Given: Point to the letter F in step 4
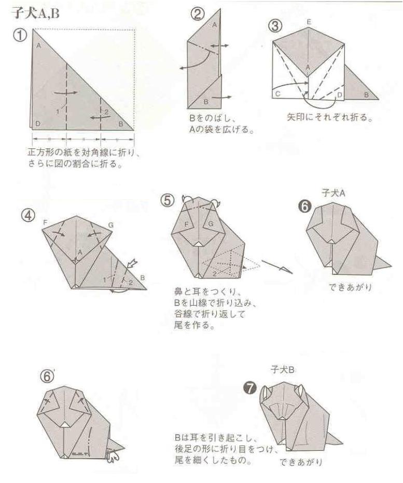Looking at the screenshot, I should [x=46, y=222].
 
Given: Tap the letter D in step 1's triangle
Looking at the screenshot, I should [x=37, y=123].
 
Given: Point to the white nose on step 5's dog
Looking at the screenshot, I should [x=199, y=243].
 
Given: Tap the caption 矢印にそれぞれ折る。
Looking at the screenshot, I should [x=321, y=118].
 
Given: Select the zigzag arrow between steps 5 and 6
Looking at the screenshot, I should [x=277, y=267].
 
